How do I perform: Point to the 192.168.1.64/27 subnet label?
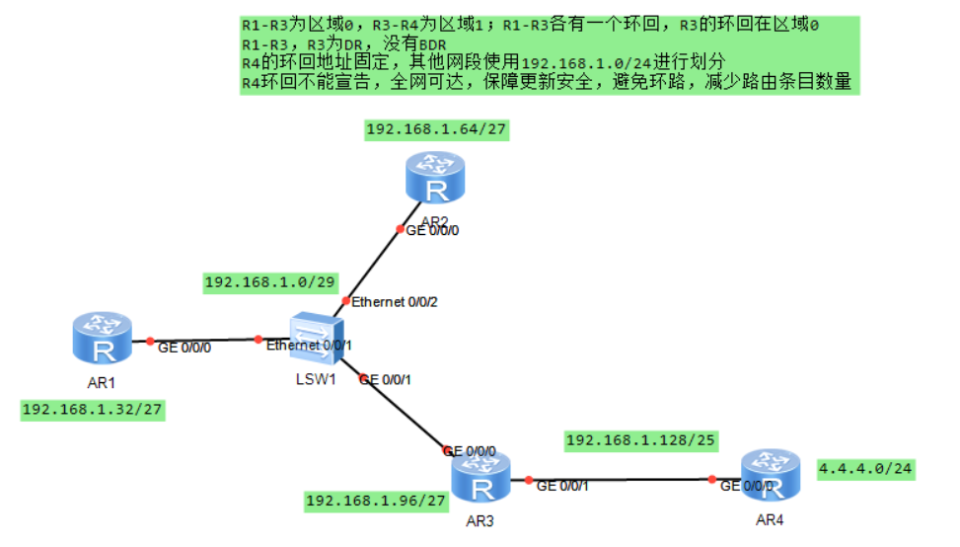click(x=436, y=129)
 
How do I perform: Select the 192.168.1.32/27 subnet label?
click(x=93, y=410)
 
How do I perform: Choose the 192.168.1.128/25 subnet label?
click(x=641, y=439)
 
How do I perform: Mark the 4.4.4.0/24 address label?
click(x=865, y=468)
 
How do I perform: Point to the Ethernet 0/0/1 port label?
click(x=309, y=346)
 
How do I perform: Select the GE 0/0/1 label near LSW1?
click(x=386, y=379)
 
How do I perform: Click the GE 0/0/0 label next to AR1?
click(x=185, y=348)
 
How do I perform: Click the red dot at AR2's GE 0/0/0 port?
click(x=399, y=230)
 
